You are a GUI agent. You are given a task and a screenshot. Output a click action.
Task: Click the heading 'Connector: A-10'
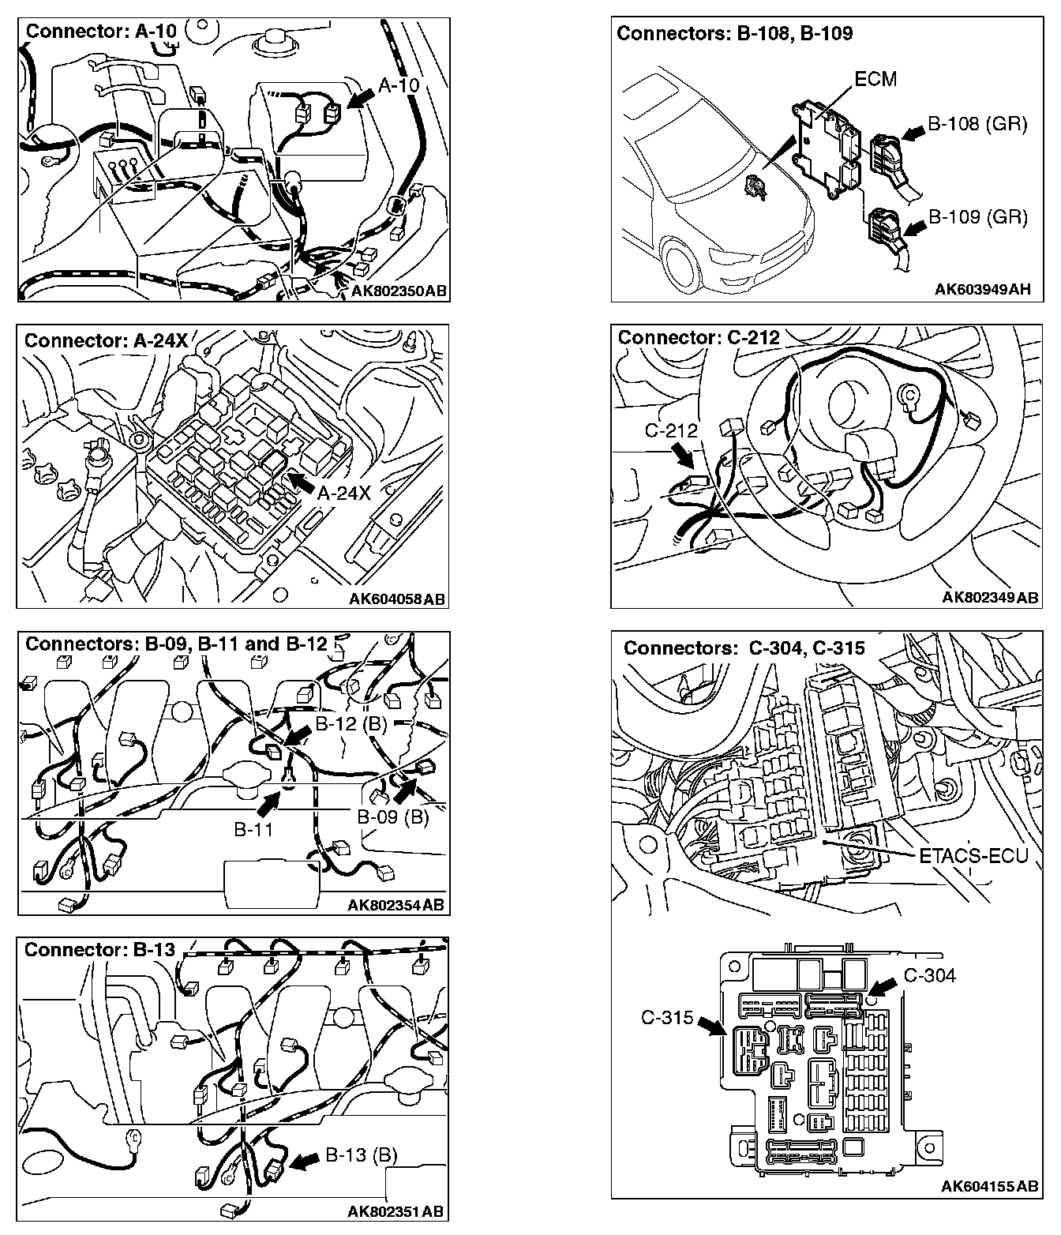coord(100,32)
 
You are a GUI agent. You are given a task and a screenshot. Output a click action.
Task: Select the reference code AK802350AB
coord(399,291)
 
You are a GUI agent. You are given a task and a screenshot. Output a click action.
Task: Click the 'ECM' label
coord(875,80)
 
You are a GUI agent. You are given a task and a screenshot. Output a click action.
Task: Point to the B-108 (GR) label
coord(977,124)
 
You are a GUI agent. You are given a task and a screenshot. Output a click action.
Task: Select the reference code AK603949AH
coord(982,290)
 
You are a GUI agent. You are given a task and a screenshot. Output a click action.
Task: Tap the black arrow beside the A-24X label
coord(300,482)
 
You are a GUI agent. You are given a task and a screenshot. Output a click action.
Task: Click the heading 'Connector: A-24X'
coord(107,340)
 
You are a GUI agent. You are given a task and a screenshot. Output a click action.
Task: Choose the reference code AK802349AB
coord(990,598)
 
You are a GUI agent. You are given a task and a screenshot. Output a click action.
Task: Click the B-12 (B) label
coord(351,724)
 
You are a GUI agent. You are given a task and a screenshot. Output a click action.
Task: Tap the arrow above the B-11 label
coord(269,804)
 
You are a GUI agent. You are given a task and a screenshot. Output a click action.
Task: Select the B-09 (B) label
coord(392,817)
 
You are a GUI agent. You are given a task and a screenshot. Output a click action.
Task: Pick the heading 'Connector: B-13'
coord(99,950)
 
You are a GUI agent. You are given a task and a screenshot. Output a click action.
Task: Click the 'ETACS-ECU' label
coord(973,854)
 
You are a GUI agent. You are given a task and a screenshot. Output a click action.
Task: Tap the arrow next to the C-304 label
coord(884,987)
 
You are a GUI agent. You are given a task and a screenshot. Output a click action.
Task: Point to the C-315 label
coord(667,1018)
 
